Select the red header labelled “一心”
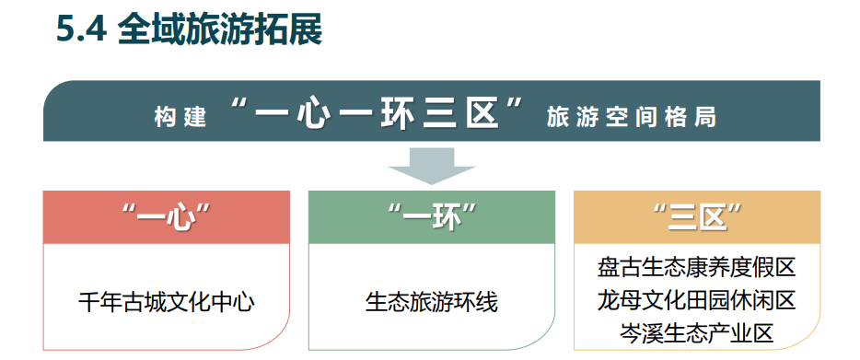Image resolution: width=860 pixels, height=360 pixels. (167, 217)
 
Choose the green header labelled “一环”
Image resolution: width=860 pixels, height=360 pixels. (432, 217)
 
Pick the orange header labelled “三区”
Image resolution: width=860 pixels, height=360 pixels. (697, 217)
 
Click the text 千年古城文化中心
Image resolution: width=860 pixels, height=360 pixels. (167, 301)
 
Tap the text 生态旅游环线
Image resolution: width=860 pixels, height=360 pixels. (432, 301)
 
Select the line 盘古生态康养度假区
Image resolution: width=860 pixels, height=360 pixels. (696, 268)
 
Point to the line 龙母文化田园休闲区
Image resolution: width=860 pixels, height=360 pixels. (696, 300)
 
